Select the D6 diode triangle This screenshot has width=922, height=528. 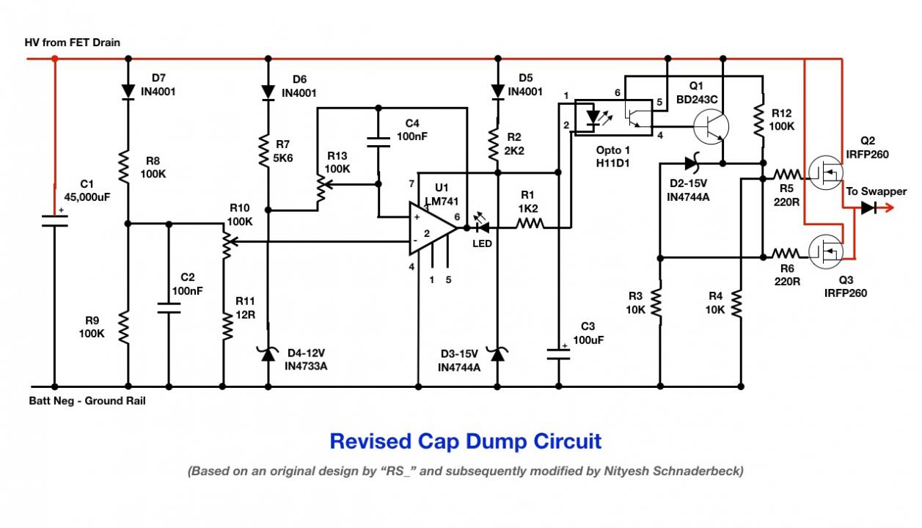point(268,92)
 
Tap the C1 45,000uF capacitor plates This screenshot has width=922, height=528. point(55,221)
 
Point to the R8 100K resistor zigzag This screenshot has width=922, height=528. point(124,166)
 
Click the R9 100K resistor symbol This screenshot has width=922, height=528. point(124,328)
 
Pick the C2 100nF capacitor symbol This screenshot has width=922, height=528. point(169,308)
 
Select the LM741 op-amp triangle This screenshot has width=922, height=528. point(433,228)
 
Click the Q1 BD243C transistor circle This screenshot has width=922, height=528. point(711,127)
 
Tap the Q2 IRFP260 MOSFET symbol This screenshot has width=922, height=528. point(825,173)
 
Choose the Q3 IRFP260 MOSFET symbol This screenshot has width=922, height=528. point(825,252)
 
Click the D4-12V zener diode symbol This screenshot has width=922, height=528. point(268,354)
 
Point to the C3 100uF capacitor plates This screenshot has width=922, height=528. point(558,354)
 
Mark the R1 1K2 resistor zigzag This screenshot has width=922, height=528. point(530,224)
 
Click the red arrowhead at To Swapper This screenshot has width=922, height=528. point(888,208)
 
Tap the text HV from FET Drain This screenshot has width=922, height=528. point(73,43)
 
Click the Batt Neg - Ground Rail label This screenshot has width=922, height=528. point(87,401)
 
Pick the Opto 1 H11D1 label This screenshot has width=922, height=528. point(613,157)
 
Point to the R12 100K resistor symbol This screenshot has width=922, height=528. point(758,120)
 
